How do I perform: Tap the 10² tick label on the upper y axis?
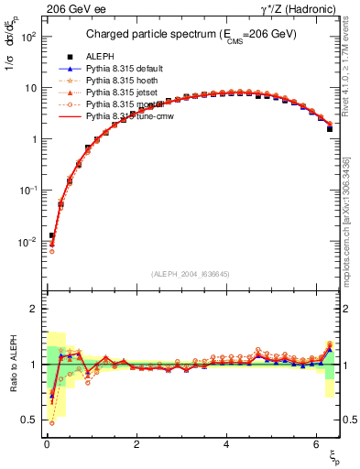pyautogui.click(x=27, y=37)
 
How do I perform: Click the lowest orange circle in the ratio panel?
pyautogui.click(x=51, y=422)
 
